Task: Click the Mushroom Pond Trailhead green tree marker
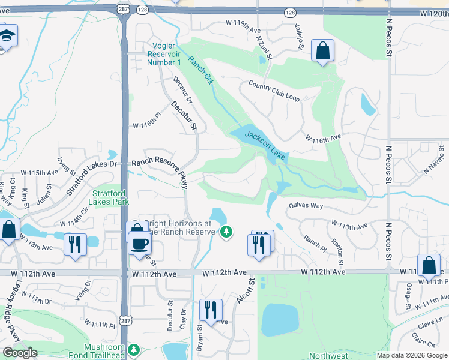click(x=134, y=349)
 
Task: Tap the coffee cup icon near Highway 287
click(x=140, y=244)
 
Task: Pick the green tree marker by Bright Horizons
click(x=226, y=231)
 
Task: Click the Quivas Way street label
click(x=306, y=206)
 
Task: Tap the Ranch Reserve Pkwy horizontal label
click(x=155, y=161)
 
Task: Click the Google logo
click(x=20, y=353)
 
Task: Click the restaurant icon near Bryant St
click(x=211, y=310)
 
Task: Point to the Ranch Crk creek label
click(x=200, y=70)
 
